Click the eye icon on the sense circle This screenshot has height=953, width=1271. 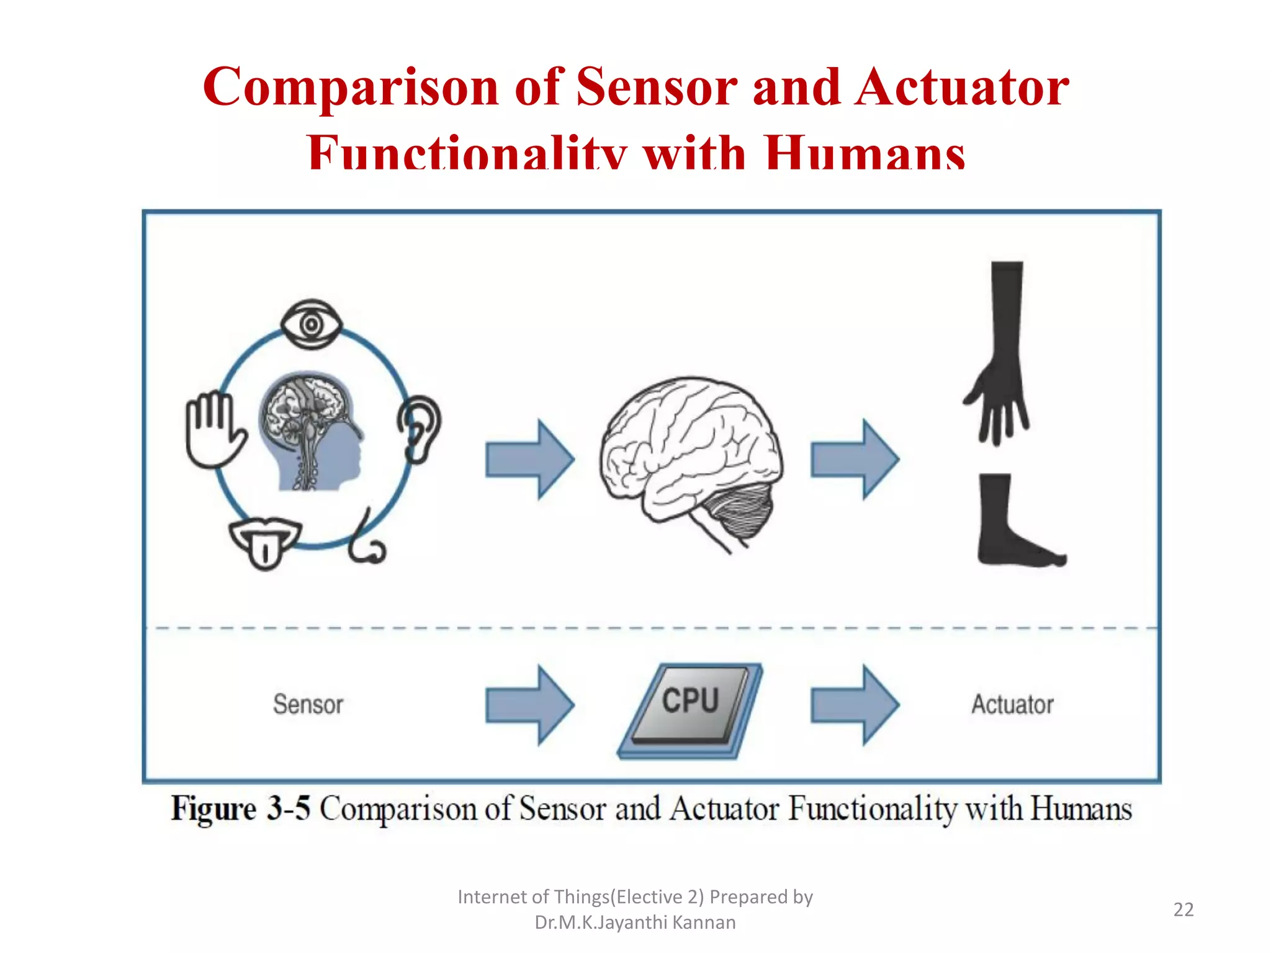point(311,324)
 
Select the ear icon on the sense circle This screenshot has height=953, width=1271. point(420,429)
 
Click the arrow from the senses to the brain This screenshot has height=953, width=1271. point(529,459)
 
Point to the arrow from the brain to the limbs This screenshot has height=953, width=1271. point(855,459)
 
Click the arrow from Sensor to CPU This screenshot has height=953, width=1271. point(529,705)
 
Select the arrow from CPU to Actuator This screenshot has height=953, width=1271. point(855,705)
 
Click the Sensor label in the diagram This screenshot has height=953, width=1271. point(308,705)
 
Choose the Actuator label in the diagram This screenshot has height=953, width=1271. point(1012,705)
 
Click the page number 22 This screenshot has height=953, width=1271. point(1183,910)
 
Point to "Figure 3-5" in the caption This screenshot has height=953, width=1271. point(241,809)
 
